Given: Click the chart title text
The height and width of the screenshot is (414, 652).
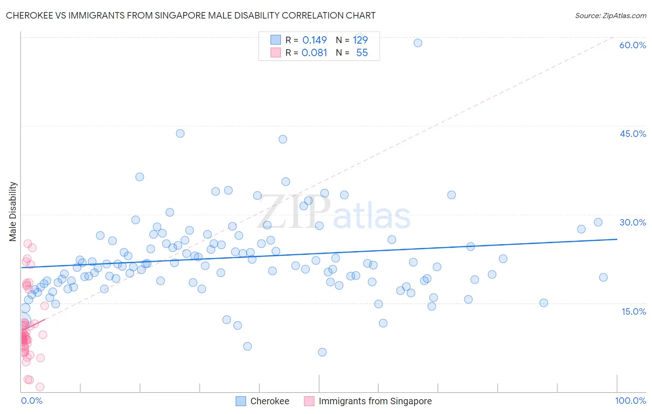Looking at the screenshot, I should (191, 15).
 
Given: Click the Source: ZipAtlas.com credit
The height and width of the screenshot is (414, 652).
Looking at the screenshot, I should (610, 16).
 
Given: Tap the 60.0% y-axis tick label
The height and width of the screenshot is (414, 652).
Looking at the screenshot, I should (633, 45).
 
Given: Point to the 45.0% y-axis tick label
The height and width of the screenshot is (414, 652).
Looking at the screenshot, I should (633, 134).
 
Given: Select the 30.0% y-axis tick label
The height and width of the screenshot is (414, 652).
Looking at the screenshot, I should (633, 222).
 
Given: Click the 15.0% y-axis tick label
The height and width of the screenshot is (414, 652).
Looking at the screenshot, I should (633, 311).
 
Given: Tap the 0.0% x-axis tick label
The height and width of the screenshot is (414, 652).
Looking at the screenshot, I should (32, 401).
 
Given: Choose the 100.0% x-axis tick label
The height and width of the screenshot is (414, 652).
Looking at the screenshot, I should (630, 401).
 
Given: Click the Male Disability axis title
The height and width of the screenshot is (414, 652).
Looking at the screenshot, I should (13, 211).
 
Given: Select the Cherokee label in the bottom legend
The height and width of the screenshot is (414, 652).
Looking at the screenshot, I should (269, 401).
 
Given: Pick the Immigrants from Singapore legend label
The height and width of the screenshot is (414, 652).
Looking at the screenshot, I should (375, 401).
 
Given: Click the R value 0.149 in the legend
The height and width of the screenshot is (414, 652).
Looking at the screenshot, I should (314, 40).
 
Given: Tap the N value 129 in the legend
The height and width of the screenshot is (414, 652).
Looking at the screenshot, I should (360, 40).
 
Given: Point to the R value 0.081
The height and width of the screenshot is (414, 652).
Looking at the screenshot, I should (314, 53).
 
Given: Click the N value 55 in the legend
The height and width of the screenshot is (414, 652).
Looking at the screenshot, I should (362, 53).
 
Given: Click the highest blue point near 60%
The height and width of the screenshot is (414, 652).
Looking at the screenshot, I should (418, 43).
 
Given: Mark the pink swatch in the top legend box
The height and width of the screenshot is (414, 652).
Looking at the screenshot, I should (275, 53).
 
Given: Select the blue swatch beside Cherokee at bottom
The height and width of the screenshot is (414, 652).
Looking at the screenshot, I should (241, 401).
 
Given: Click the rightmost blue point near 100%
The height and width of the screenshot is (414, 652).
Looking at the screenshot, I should (603, 277).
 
